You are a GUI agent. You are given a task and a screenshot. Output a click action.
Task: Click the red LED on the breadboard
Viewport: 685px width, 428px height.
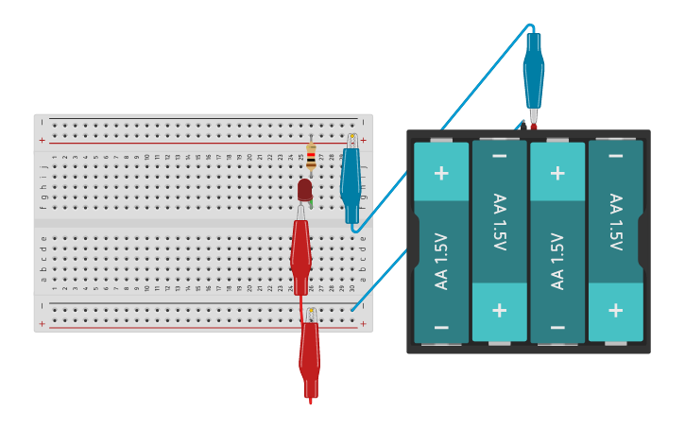tap(304, 191)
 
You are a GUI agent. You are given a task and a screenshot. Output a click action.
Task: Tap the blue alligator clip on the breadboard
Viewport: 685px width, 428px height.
tap(351, 179)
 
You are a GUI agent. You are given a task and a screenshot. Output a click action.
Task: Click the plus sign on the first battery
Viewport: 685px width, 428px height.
tap(441, 173)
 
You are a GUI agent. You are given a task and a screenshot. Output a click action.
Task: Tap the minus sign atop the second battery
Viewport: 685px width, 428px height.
tap(499, 156)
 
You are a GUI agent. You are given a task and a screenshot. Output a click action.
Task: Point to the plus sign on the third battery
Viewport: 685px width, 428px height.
tap(557, 173)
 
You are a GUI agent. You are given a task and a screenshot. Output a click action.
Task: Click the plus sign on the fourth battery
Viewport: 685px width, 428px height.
tap(615, 310)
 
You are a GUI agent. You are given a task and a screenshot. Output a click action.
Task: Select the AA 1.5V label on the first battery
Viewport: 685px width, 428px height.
tap(441, 261)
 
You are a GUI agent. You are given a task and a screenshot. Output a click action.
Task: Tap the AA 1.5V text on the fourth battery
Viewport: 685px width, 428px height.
tap(615, 222)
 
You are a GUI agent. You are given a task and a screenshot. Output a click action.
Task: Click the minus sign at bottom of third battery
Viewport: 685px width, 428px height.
tap(557, 327)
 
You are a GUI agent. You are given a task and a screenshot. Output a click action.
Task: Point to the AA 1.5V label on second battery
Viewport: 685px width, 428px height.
tap(499, 222)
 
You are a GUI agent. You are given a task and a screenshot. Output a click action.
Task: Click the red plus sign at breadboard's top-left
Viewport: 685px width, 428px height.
tap(42, 140)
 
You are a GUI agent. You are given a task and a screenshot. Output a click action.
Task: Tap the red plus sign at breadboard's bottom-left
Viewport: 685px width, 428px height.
tap(42, 323)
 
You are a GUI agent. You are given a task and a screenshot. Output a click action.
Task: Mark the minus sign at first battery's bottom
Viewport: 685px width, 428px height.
tap(441, 327)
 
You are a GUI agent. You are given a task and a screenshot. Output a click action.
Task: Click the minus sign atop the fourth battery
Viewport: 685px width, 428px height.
tap(615, 156)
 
